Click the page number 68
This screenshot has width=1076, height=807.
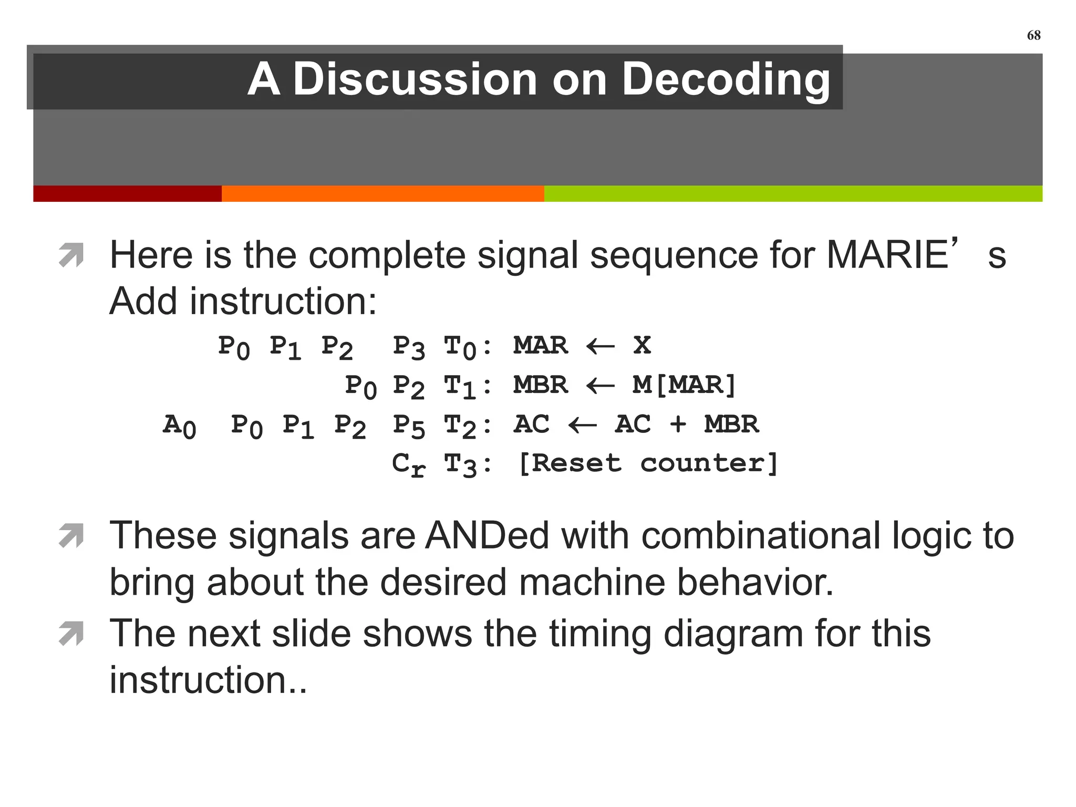tap(1033, 35)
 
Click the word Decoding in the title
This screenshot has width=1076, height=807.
tap(726, 80)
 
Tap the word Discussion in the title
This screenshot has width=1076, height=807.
tap(415, 79)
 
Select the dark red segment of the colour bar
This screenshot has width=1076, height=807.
tap(127, 193)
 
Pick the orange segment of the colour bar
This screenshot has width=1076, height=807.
tap(382, 193)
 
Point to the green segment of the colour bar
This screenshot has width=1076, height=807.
tap(793, 193)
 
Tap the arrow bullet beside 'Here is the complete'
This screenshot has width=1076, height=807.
tap(71, 255)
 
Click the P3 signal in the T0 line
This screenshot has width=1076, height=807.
tap(409, 348)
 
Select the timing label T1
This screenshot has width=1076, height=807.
tap(460, 387)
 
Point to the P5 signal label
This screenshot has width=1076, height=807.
tap(409, 426)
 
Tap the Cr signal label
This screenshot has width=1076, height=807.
tap(408, 465)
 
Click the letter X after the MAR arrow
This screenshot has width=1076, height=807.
tap(642, 345)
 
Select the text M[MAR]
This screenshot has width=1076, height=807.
tap(685, 385)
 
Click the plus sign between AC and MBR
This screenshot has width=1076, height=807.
tap(678, 424)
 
